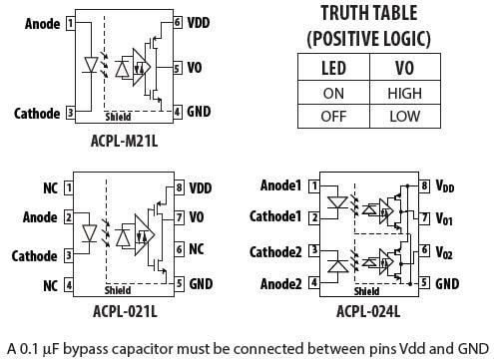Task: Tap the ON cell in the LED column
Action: (x=333, y=93)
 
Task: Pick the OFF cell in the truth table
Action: (x=333, y=116)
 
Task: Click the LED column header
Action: (x=333, y=68)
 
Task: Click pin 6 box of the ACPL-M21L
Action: (x=177, y=22)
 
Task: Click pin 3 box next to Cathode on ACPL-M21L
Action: (x=69, y=113)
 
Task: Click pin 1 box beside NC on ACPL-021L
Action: (x=67, y=186)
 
